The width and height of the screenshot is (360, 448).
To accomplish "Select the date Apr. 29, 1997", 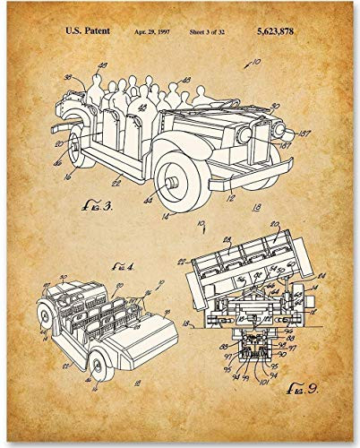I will click(153, 30).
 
